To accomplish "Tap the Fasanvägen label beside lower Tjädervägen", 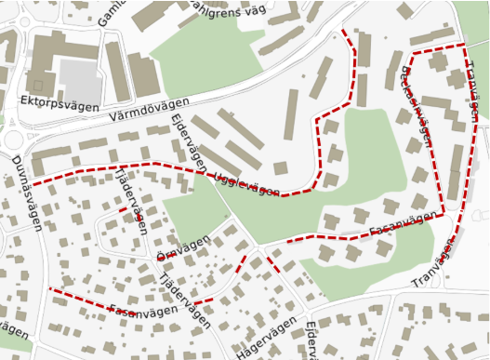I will (x=143, y=310).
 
